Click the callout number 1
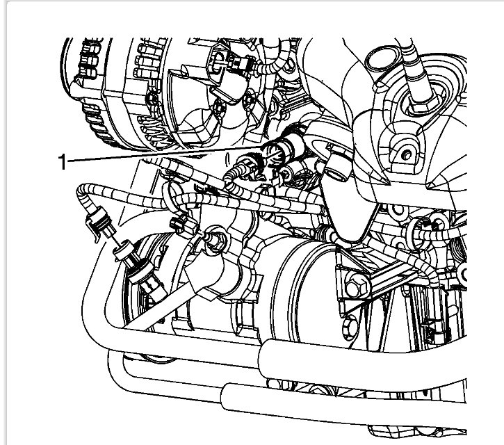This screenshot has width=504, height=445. point(63,162)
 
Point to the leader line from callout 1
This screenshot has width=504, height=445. point(160,155)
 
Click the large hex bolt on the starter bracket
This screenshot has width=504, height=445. point(352,286)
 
